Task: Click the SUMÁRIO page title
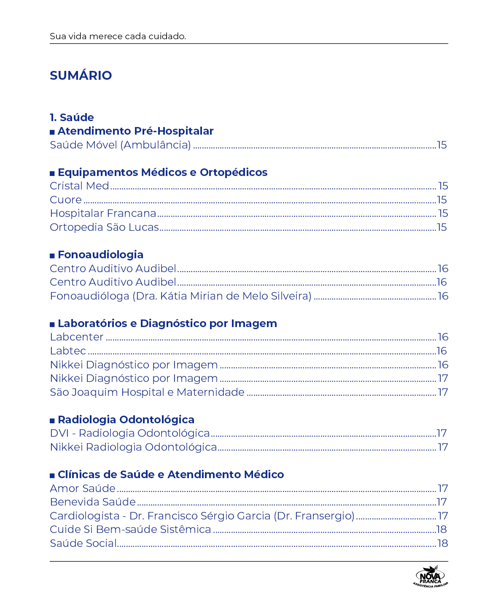[x=81, y=76]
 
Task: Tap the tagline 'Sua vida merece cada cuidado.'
[x=118, y=36]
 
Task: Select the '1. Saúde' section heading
[x=72, y=117]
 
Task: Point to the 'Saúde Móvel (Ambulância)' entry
[x=120, y=145]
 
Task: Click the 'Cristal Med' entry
[x=79, y=186]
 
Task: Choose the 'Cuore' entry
[x=66, y=200]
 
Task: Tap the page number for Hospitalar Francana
[x=443, y=214]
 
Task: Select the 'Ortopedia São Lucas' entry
[x=104, y=227]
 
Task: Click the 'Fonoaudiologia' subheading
[x=100, y=255]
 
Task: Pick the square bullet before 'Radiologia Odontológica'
[x=52, y=420]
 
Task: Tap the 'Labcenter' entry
[x=76, y=337]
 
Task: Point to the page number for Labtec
[x=442, y=351]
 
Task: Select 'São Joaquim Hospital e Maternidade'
[x=147, y=392]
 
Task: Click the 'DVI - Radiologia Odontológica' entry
[x=129, y=433]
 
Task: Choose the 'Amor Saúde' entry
[x=82, y=489]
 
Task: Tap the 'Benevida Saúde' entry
[x=92, y=502]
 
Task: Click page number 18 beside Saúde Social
[x=442, y=544]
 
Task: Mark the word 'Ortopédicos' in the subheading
[x=234, y=173]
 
